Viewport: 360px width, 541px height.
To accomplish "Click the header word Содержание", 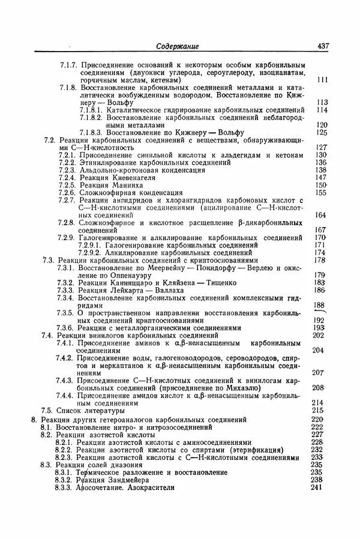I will [x=177, y=46].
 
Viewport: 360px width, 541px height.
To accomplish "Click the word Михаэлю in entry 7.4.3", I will [x=250, y=388].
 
